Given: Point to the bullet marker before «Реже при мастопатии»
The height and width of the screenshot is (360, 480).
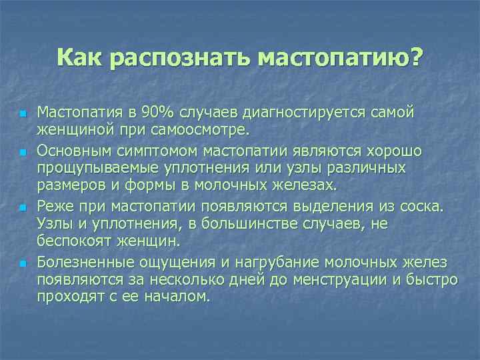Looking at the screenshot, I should coord(22,208).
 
